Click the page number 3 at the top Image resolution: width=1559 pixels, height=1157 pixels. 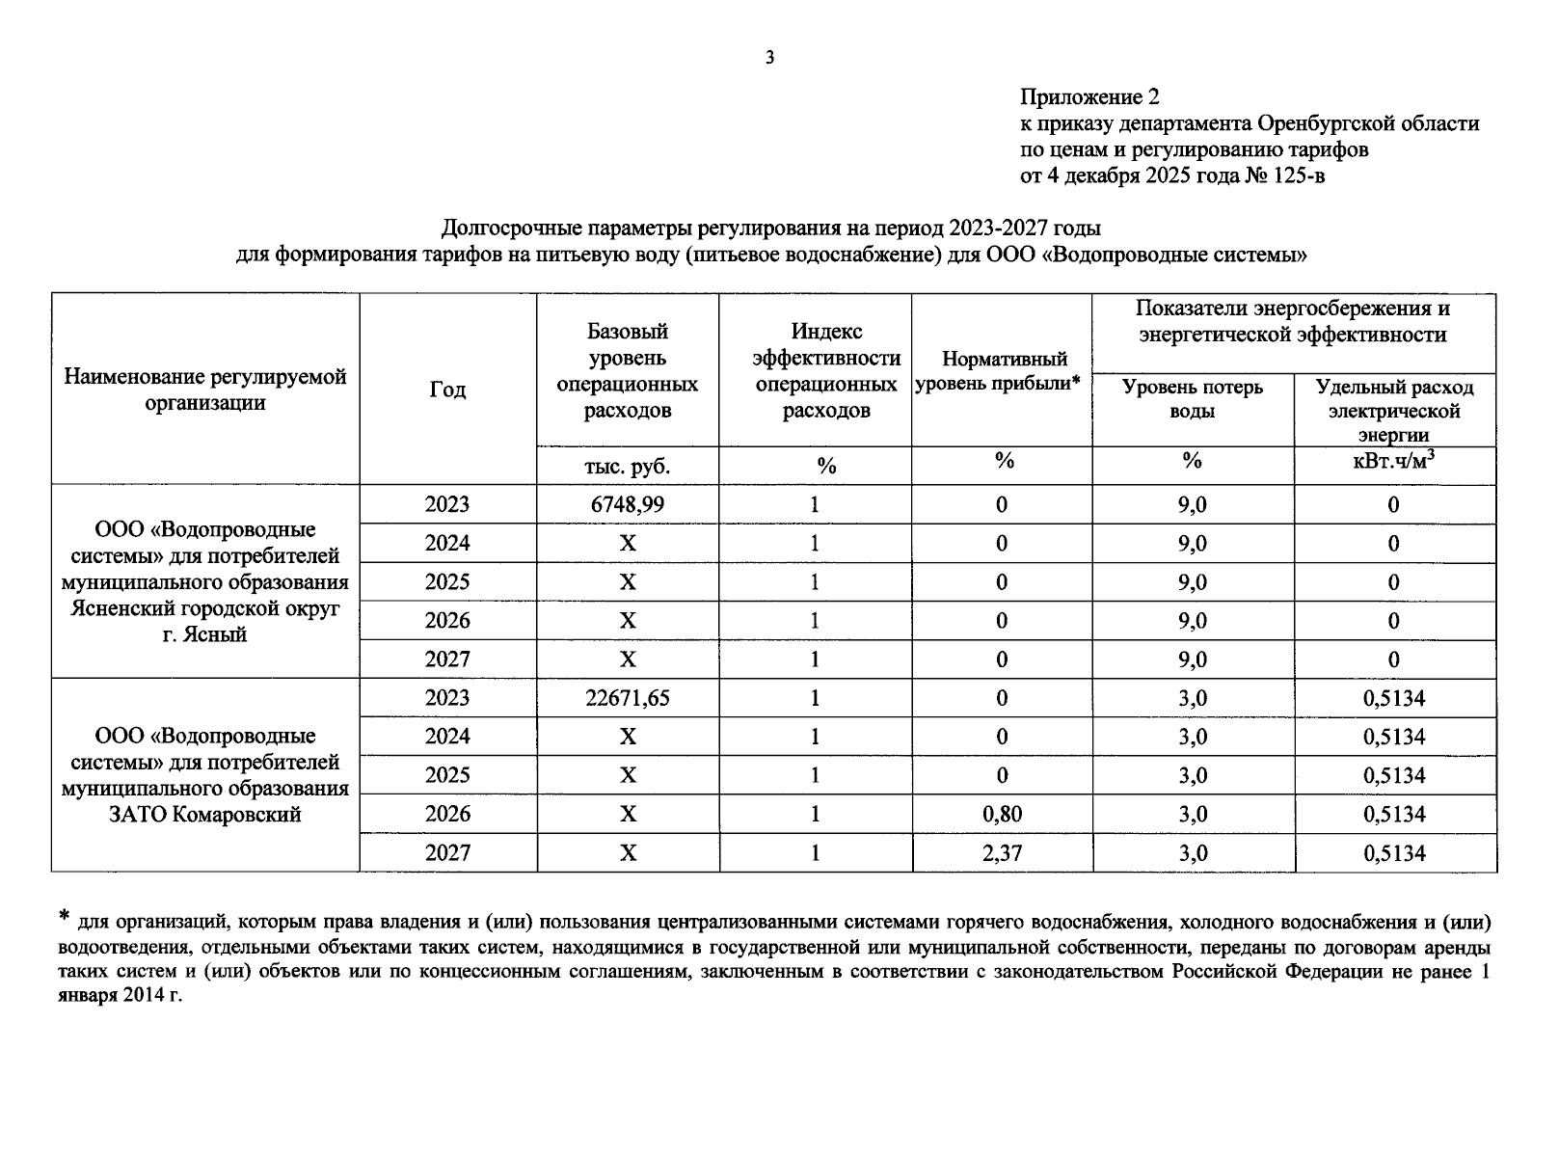pyautogui.click(x=769, y=58)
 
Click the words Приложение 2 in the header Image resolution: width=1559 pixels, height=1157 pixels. pyautogui.click(x=1089, y=97)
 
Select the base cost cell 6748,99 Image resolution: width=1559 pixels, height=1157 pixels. pyautogui.click(x=628, y=504)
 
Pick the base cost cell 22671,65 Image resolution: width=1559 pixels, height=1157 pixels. pyautogui.click(x=628, y=698)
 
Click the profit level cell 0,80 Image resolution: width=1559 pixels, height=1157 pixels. pyautogui.click(x=1002, y=814)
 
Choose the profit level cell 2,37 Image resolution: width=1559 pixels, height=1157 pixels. pyautogui.click(x=1002, y=853)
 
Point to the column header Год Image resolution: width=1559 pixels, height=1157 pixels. pyautogui.click(x=447, y=390)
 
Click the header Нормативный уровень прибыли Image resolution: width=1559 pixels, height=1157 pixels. pyautogui.click(x=1002, y=371)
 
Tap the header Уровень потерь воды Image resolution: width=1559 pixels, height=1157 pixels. pyautogui.click(x=1193, y=399)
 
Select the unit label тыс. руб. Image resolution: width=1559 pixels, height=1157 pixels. pyautogui.click(x=628, y=467)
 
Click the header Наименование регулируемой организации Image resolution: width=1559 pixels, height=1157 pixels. pyautogui.click(x=204, y=390)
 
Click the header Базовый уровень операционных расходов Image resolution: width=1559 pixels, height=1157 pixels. pyautogui.click(x=628, y=371)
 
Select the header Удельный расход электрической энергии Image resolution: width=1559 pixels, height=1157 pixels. pyautogui.click(x=1394, y=411)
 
